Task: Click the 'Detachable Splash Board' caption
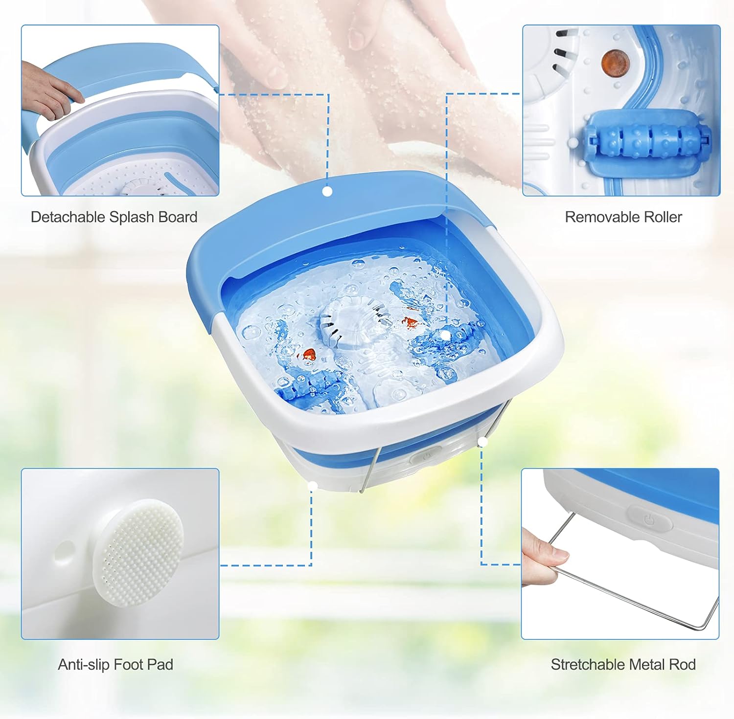click(x=114, y=217)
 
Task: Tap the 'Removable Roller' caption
click(x=623, y=217)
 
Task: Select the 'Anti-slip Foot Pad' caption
click(x=115, y=664)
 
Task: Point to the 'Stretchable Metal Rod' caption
click(x=623, y=664)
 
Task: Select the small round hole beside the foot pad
click(x=65, y=550)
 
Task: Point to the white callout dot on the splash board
click(x=327, y=191)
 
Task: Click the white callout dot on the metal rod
click(x=483, y=442)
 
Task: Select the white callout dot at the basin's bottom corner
click(x=313, y=485)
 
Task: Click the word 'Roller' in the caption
click(x=661, y=217)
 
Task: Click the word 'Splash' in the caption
click(x=134, y=217)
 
